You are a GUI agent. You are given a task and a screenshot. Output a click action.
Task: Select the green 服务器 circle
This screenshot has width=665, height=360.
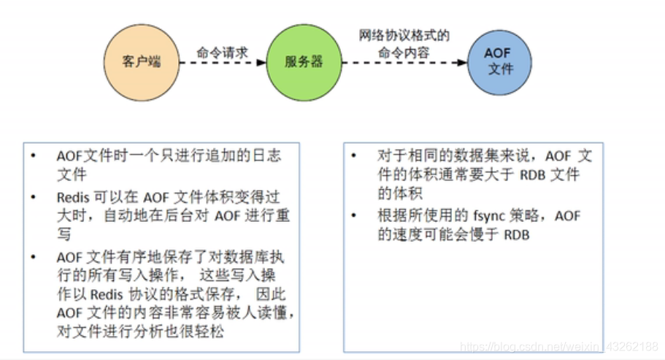click(303, 61)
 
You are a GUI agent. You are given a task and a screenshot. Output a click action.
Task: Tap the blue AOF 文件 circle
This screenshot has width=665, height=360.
click(499, 61)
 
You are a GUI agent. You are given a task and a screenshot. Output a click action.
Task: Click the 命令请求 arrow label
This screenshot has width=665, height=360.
click(222, 53)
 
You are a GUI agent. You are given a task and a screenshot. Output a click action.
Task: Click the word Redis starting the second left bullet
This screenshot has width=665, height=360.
click(72, 197)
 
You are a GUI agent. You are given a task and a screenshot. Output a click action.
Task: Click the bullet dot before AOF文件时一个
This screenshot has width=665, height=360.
click(32, 156)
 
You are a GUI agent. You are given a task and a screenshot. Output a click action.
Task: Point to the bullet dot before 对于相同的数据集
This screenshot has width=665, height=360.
click(354, 156)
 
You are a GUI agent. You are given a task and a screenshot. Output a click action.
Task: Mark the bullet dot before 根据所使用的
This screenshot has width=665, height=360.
click(354, 216)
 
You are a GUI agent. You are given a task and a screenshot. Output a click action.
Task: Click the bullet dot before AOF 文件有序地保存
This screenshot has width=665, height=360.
click(32, 258)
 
